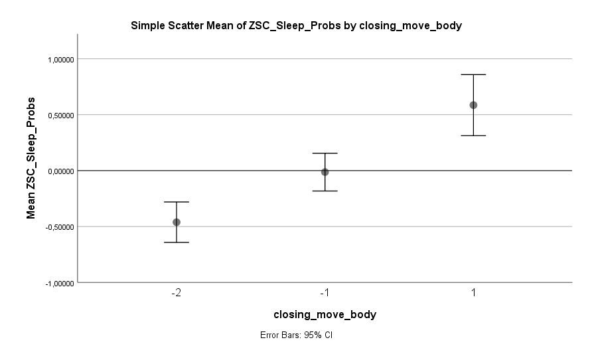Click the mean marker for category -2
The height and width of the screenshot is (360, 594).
(x=177, y=222)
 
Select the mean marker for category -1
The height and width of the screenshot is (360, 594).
(x=325, y=172)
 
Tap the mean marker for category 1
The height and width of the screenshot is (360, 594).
(x=473, y=105)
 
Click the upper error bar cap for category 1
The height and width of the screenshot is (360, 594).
(x=473, y=74)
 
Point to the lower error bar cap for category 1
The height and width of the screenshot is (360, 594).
(x=473, y=135)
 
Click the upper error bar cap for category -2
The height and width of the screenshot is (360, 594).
(x=177, y=202)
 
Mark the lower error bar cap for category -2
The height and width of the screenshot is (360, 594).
(x=177, y=242)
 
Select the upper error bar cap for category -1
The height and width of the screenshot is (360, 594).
(x=325, y=153)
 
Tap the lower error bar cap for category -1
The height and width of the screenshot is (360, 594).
(x=325, y=191)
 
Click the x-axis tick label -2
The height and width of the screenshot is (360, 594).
(x=176, y=293)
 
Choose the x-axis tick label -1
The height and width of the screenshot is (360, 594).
(x=325, y=293)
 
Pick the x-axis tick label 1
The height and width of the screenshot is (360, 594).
(x=473, y=293)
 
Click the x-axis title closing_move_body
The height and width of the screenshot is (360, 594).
(x=325, y=315)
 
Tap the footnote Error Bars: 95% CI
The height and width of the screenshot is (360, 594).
(x=296, y=335)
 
